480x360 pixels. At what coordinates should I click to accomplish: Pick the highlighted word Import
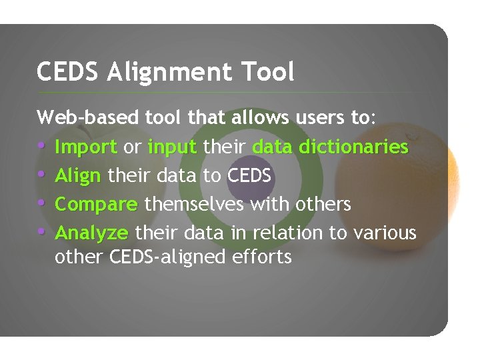click(86, 147)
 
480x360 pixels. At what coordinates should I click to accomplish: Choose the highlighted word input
click(173, 147)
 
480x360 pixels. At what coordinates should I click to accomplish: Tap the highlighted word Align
click(78, 175)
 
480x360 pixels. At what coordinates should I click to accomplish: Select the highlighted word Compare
click(96, 204)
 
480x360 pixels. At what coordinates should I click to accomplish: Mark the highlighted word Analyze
click(91, 233)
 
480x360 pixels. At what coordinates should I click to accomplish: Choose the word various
click(385, 232)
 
